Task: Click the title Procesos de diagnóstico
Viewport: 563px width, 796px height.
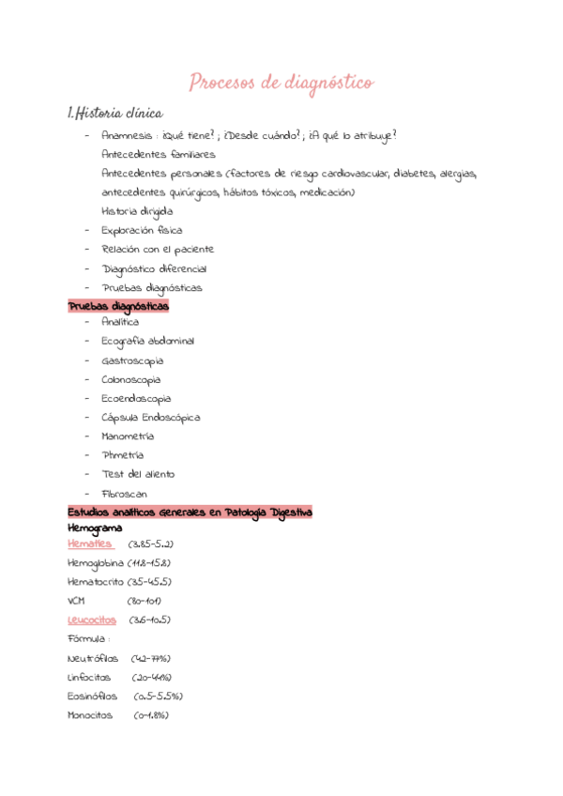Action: tap(281, 84)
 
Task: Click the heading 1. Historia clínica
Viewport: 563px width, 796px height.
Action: tap(115, 114)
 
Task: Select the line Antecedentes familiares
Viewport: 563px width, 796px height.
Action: tap(158, 154)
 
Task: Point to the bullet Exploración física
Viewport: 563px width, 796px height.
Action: tap(142, 230)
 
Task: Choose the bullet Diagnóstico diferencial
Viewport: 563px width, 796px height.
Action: tap(154, 268)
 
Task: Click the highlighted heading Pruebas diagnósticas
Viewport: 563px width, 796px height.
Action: tap(118, 306)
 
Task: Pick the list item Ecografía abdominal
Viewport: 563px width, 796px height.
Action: tap(147, 341)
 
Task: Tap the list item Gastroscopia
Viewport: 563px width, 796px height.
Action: tap(131, 360)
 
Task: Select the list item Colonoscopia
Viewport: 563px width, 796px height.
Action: tap(130, 379)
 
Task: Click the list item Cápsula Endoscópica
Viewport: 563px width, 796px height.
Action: tap(150, 417)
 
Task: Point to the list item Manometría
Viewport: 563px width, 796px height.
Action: tap(128, 436)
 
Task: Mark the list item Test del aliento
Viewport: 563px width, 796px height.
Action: tap(138, 474)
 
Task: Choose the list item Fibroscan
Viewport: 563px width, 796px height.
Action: tap(124, 494)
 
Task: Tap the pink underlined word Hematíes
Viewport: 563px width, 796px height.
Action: tap(90, 544)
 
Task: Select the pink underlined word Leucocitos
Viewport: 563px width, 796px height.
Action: tap(92, 620)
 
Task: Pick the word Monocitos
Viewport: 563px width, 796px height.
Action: tap(89, 715)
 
